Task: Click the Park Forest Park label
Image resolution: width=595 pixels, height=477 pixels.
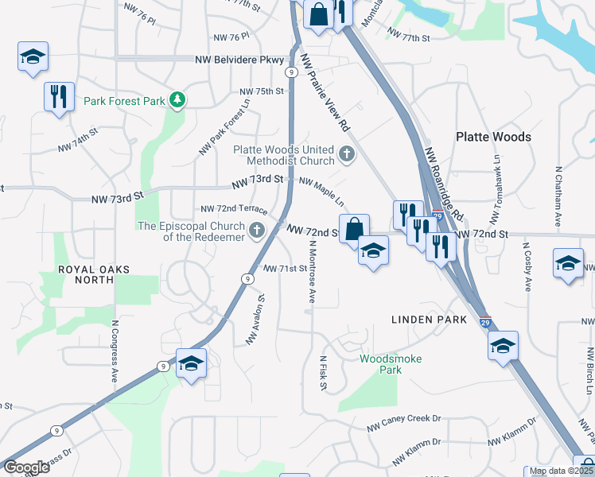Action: point(124,101)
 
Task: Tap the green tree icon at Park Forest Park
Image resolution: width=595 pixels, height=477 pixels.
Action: point(180,100)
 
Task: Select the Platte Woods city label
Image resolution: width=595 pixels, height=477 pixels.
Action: point(493,137)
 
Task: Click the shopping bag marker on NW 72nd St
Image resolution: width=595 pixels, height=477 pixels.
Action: point(353,227)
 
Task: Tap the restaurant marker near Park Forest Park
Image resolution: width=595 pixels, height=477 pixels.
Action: point(59,96)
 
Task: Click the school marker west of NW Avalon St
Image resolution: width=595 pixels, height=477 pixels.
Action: point(191,363)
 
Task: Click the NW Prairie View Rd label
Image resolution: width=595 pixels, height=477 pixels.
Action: point(327,93)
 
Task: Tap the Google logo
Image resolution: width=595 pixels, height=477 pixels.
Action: point(26,467)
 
